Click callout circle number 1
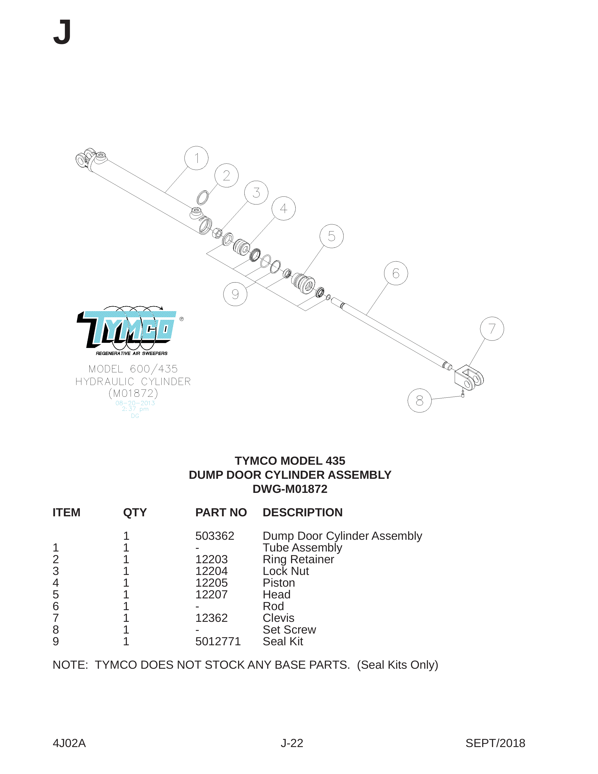pyautogui.click(x=196, y=158)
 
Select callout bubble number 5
pyautogui.click(x=331, y=236)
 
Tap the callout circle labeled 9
pyautogui.click(x=235, y=294)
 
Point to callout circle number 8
pyautogui.click(x=419, y=400)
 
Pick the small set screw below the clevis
pyautogui.click(x=463, y=394)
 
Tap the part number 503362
pyautogui.click(x=215, y=536)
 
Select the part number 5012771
pyautogui.click(x=218, y=641)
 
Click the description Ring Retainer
pyautogui.click(x=298, y=559)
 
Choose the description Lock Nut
pyautogui.click(x=286, y=571)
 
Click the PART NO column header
pyautogui.click(x=221, y=513)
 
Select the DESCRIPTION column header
pyautogui.click(x=302, y=513)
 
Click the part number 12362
pyautogui.click(x=211, y=618)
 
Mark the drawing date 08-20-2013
pyautogui.click(x=135, y=403)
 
